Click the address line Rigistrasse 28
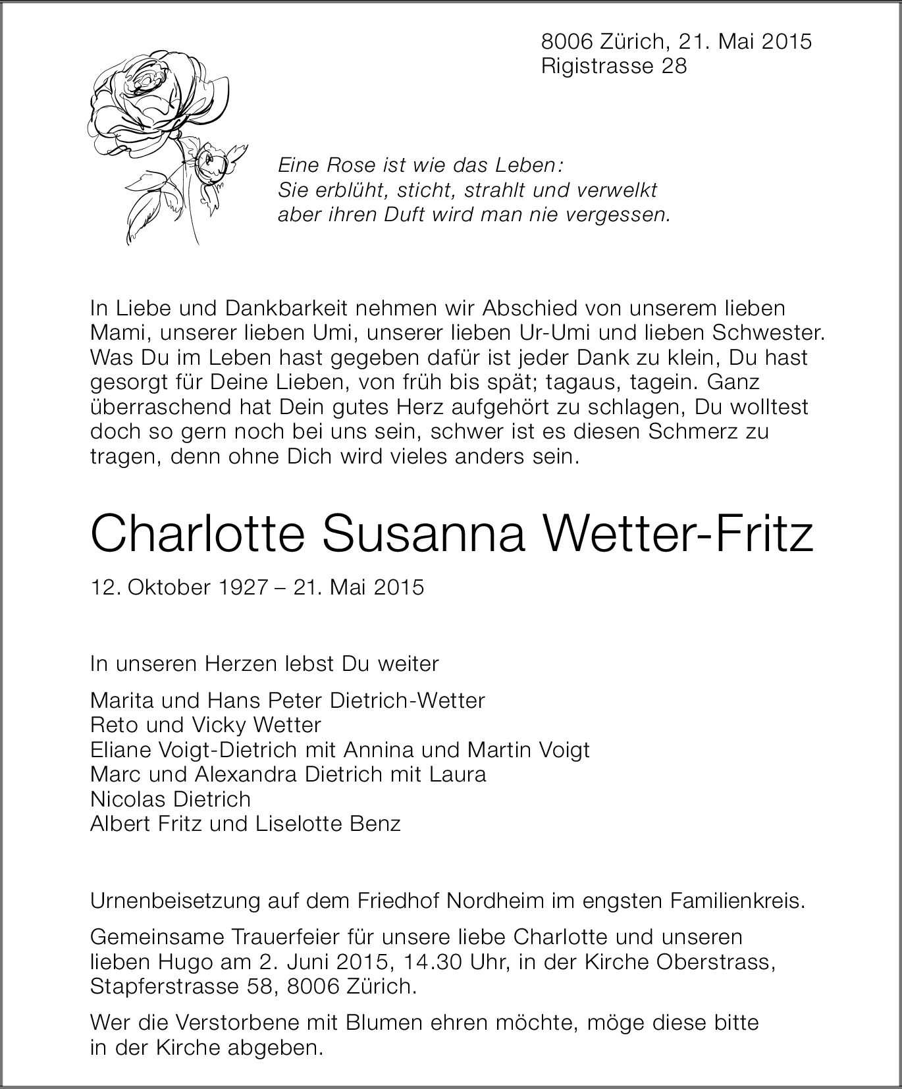(614, 66)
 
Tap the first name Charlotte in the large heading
(198, 535)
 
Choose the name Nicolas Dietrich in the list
(171, 799)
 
